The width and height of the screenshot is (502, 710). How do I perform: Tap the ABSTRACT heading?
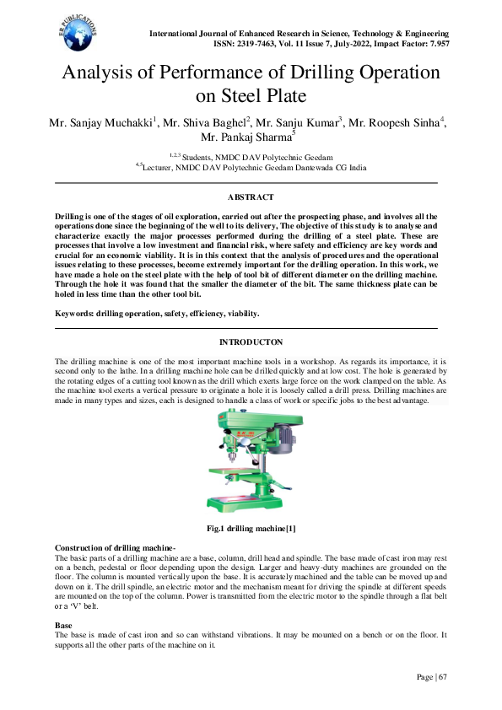click(x=250, y=197)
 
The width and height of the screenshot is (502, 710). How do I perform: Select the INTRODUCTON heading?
click(x=250, y=342)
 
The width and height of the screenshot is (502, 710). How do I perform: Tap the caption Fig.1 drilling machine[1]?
click(x=251, y=529)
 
